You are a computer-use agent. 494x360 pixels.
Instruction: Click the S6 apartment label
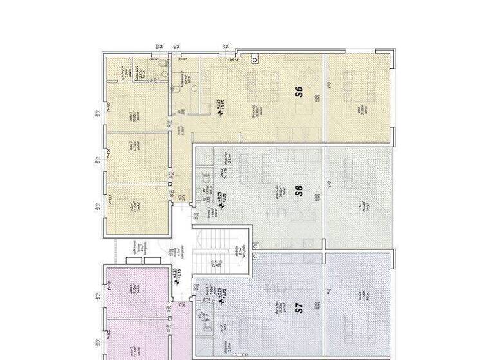pyautogui.click(x=299, y=91)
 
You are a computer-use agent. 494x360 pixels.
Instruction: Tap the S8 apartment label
pyautogui.click(x=298, y=191)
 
